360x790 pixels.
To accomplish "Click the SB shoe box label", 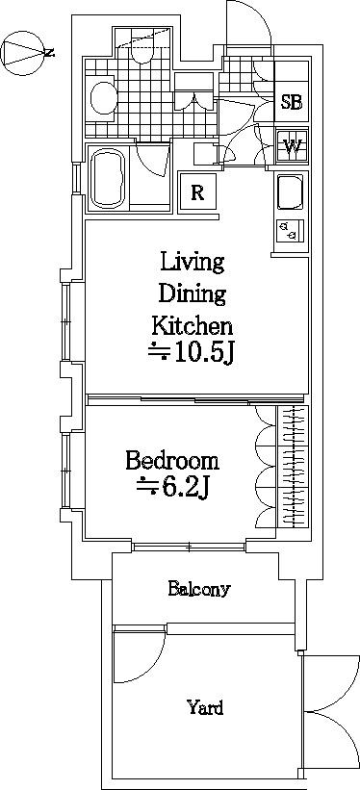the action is (x=292, y=102).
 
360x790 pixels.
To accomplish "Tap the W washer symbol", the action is (x=292, y=146).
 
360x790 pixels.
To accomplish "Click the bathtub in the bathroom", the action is (x=109, y=179).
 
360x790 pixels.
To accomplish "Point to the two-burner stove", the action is (x=291, y=232).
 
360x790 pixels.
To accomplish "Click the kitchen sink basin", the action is (x=291, y=191).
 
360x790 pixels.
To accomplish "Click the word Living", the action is (x=193, y=263).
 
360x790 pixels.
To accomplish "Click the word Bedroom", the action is (x=172, y=461).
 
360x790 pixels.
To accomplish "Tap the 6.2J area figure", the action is (x=172, y=487).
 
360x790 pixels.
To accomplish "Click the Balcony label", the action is (x=199, y=589).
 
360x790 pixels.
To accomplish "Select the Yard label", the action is (x=205, y=708).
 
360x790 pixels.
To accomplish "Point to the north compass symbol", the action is (x=24, y=53).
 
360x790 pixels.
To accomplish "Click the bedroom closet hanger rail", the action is (x=293, y=466).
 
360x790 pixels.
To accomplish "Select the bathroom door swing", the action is (x=152, y=161).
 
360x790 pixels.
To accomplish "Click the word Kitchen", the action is (x=193, y=326).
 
